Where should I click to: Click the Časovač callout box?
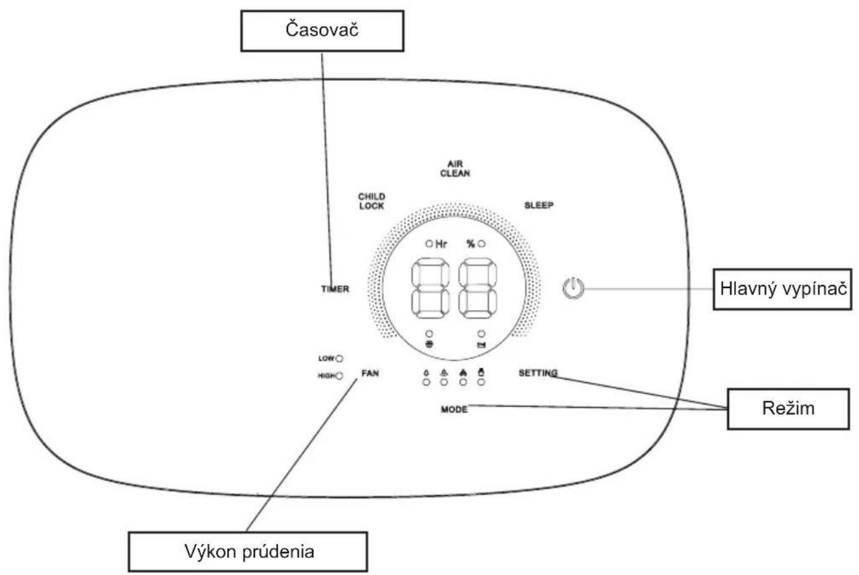(322, 30)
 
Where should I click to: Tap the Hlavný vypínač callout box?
(782, 289)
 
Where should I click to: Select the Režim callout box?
(789, 409)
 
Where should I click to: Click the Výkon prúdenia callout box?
(247, 552)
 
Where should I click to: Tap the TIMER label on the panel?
(335, 289)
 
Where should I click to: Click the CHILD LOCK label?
(372, 201)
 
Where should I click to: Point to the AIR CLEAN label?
(455, 169)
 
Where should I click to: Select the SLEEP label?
(539, 205)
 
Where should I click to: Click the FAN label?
(370, 373)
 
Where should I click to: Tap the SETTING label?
(538, 373)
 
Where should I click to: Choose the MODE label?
(454, 409)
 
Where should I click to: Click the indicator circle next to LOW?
(339, 359)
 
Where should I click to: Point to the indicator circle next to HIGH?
(339, 376)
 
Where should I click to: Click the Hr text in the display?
(441, 244)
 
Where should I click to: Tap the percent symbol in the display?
(471, 244)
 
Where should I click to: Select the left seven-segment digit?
(430, 288)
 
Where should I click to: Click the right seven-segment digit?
(478, 288)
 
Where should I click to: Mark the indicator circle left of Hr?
(429, 244)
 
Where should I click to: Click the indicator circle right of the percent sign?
(482, 244)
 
